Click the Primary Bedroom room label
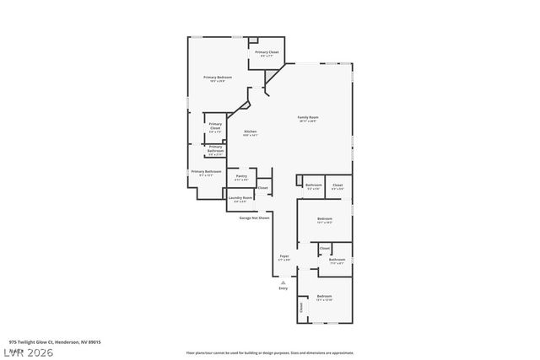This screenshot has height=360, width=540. (218, 78)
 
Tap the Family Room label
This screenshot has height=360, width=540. (308, 117)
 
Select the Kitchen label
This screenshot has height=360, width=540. (250, 132)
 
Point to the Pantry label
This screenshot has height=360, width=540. (241, 176)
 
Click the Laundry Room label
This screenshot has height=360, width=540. (240, 198)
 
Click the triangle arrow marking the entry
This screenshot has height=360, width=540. (283, 282)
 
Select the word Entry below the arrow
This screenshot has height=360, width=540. (283, 288)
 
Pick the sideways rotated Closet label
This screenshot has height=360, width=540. (300, 309)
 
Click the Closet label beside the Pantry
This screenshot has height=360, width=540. (262, 188)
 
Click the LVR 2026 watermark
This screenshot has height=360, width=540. (27, 352)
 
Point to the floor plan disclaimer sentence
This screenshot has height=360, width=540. (270, 352)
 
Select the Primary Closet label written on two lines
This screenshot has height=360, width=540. (215, 126)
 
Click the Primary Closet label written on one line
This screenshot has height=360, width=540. (267, 52)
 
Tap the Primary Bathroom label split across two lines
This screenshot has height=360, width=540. (215, 149)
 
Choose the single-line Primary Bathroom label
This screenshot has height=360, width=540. (206, 172)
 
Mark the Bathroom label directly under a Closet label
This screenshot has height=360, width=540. (337, 260)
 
